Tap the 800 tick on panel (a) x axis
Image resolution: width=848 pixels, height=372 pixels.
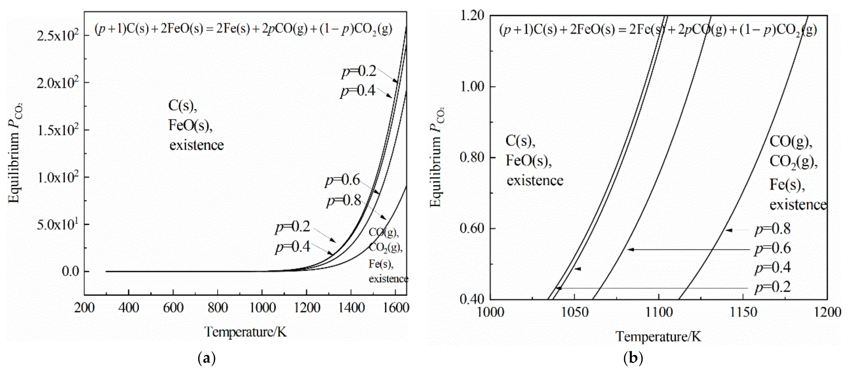218,308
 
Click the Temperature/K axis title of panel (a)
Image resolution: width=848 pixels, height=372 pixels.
246,332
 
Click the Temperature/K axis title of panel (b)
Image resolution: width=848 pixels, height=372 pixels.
658,337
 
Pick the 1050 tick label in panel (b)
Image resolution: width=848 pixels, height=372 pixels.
574,312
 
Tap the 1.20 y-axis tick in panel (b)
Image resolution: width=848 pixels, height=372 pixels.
472,15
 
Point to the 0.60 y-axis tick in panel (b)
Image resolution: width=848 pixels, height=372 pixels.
472,228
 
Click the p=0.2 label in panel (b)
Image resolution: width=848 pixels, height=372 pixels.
772,287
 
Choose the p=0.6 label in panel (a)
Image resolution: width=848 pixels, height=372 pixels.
342,180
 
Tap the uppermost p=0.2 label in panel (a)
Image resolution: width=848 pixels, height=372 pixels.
359,71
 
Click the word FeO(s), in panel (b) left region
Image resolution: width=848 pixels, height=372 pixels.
528,161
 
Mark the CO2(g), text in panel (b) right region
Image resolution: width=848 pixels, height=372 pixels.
793,162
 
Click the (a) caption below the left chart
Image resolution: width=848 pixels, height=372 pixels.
206,358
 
